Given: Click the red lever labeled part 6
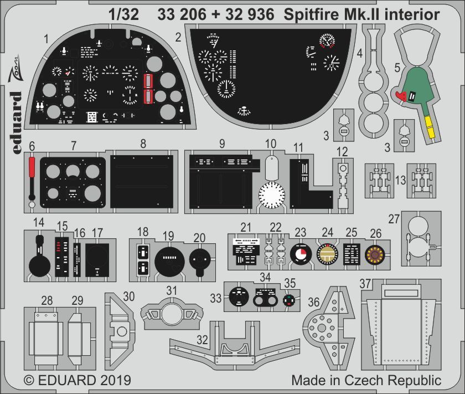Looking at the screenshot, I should [x=32, y=169].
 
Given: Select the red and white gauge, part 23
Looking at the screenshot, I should [x=301, y=255].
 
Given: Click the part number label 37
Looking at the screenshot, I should [x=365, y=284].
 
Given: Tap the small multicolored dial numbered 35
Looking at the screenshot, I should [x=288, y=300].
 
